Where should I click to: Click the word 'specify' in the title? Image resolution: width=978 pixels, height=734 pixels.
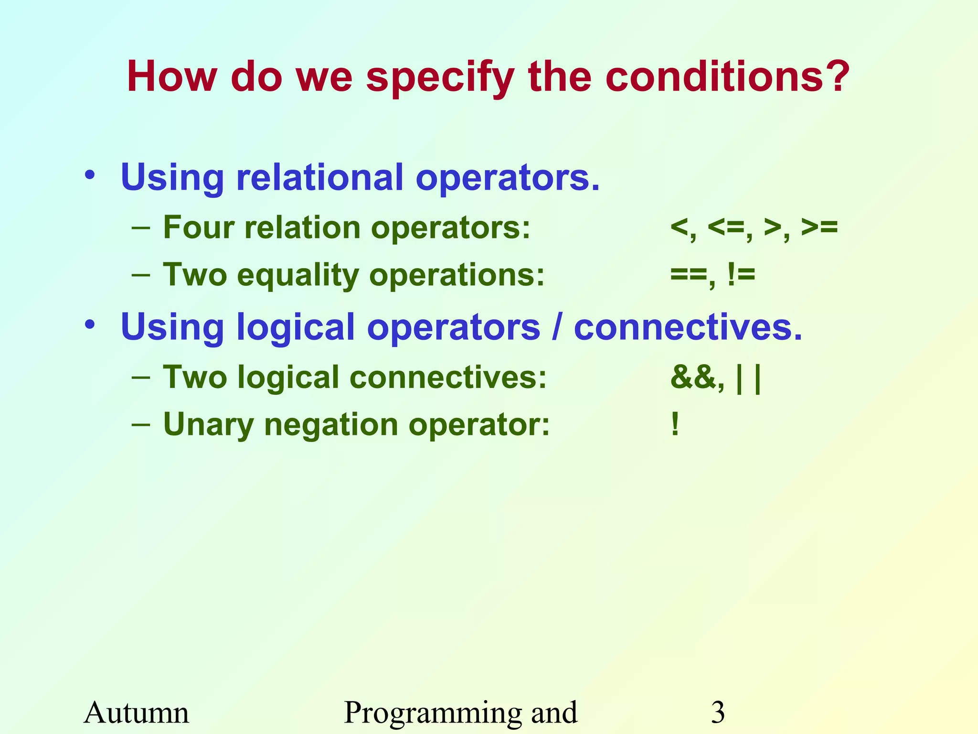tap(440, 79)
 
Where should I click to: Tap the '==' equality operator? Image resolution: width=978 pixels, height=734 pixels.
tap(688, 275)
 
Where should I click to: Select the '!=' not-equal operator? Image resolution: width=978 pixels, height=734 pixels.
tap(741, 275)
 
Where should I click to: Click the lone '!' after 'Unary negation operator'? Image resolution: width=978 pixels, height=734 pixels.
tap(675, 424)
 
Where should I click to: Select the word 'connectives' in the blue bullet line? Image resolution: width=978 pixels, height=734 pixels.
tap(688, 327)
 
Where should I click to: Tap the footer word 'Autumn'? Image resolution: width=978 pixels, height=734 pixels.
tap(137, 712)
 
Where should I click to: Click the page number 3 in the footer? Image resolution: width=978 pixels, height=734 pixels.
tap(718, 712)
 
